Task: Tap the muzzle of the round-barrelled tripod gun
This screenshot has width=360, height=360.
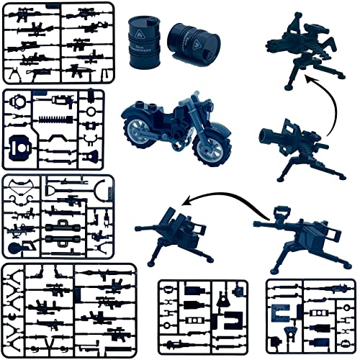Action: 264,135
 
